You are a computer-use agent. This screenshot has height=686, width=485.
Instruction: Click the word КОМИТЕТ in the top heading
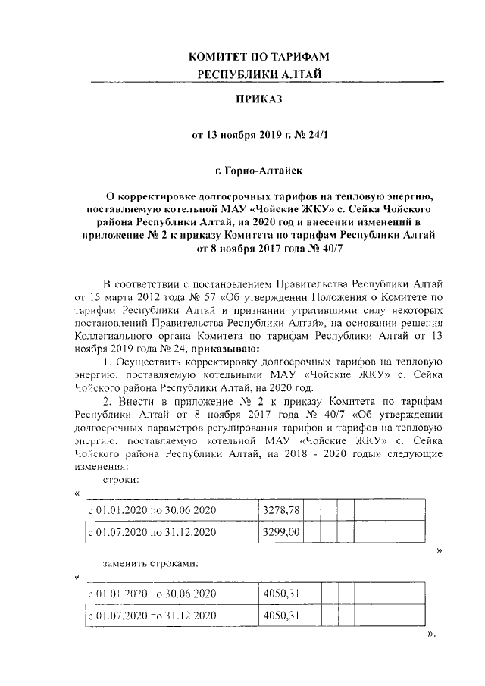click(220, 58)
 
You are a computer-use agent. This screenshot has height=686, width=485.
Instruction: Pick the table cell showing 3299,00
click(281, 532)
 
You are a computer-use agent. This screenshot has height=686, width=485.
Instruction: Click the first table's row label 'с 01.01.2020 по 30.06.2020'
click(152, 510)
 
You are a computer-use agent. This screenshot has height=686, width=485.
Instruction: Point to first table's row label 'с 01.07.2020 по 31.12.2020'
click(152, 533)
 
